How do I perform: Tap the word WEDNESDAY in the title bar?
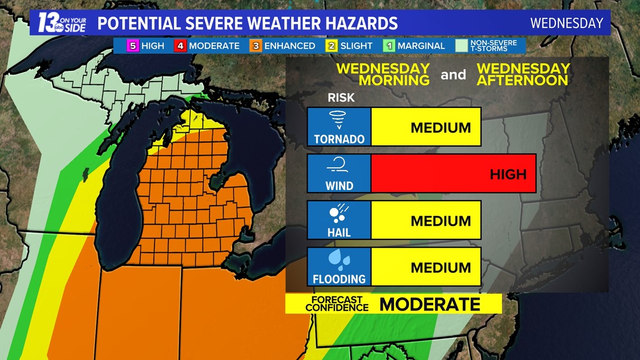[566, 24]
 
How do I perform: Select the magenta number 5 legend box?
[133, 46]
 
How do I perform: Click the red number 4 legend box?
[180, 46]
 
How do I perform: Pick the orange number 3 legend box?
[256, 46]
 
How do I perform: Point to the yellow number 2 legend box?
[331, 46]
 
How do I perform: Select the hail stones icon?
[339, 213]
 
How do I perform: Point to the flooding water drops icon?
[339, 260]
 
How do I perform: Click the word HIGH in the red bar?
[508, 174]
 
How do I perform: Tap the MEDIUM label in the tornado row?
[441, 127]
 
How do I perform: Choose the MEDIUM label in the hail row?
[441, 221]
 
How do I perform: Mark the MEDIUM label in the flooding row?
[441, 267]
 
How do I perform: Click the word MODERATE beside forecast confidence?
[429, 304]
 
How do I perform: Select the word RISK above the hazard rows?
[341, 98]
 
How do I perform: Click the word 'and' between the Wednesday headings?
[453, 74]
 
